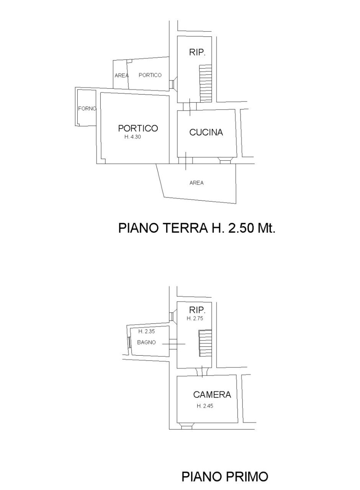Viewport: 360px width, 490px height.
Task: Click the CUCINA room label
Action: pyautogui.click(x=206, y=132)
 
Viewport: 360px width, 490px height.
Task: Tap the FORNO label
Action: pyautogui.click(x=87, y=109)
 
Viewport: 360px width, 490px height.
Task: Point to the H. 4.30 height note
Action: pyautogui.click(x=133, y=137)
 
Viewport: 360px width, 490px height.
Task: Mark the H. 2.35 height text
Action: pyautogui.click(x=147, y=332)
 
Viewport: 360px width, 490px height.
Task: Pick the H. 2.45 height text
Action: pyautogui.click(x=205, y=406)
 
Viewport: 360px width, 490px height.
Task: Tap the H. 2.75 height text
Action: pyautogui.click(x=195, y=318)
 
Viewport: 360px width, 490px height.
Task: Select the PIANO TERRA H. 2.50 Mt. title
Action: pyautogui.click(x=197, y=228)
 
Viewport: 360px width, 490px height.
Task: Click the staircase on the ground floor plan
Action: pyautogui.click(x=205, y=83)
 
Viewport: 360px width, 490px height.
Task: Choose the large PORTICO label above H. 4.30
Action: pyautogui.click(x=138, y=128)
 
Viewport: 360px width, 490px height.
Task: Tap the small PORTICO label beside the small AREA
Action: pyautogui.click(x=150, y=75)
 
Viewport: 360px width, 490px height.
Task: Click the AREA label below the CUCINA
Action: pyautogui.click(x=196, y=183)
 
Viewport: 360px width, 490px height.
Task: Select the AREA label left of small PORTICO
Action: pyautogui.click(x=121, y=76)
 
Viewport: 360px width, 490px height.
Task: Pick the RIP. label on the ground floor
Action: pyautogui.click(x=197, y=53)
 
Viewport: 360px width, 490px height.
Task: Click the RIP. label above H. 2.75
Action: pyautogui.click(x=197, y=309)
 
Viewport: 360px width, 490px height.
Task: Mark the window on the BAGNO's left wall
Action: pyautogui.click(x=129, y=342)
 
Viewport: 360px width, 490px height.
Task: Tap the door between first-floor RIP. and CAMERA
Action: pyautogui.click(x=202, y=371)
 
